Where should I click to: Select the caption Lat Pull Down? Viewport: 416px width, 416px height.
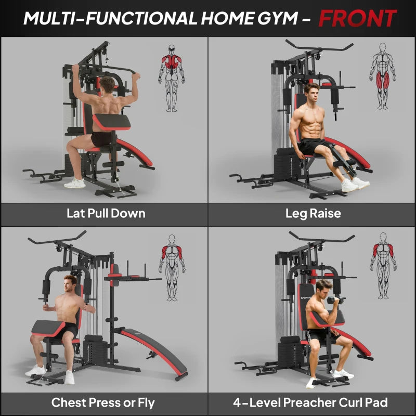(x=106, y=213)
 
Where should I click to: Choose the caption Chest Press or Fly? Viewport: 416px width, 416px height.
(x=102, y=402)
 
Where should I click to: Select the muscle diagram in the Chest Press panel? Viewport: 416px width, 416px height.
(x=172, y=268)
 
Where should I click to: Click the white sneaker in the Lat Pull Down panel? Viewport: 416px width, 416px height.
(x=75, y=183)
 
